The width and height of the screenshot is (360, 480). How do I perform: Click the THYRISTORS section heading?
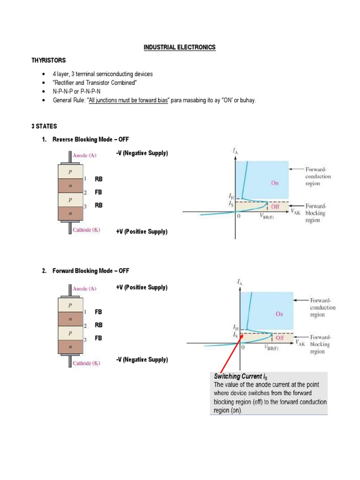coord(49,60)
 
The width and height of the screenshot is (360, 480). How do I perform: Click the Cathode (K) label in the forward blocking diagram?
coord(86,363)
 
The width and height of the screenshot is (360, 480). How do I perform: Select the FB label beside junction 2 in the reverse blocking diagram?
coord(98,192)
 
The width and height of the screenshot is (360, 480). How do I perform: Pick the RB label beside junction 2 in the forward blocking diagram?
coord(98,325)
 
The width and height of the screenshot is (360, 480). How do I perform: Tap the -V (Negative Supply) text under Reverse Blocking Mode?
coord(142,153)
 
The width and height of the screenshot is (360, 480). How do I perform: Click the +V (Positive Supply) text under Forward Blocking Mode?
coord(142,287)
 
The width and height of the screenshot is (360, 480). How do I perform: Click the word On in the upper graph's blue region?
coord(275,183)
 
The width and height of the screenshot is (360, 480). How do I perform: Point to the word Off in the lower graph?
coord(280,337)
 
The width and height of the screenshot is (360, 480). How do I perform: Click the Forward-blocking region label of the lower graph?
coord(320,344)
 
